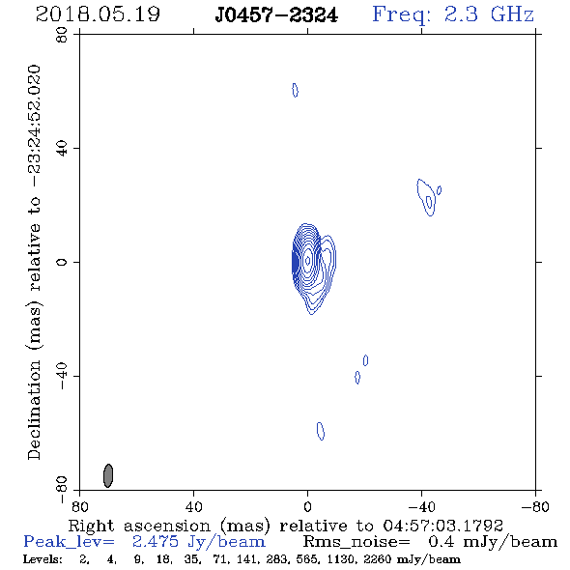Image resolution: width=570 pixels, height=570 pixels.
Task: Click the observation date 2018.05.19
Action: point(98,14)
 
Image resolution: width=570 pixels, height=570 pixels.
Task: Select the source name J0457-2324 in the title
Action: point(276,15)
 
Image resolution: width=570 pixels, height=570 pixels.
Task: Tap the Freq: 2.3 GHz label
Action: point(453,15)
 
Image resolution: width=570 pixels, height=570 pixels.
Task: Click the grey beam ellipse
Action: point(108,475)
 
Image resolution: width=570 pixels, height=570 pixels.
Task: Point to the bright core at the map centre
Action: point(307,260)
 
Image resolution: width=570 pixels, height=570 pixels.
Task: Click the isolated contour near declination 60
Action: point(296,90)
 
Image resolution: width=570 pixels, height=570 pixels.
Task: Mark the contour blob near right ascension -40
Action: point(427,197)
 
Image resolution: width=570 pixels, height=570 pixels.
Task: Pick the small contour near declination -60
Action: point(321,431)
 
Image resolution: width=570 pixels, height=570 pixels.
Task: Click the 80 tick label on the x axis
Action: point(79,507)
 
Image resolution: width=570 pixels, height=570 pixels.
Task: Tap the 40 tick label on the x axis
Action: point(193,507)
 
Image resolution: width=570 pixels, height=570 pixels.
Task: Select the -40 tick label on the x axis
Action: point(421,507)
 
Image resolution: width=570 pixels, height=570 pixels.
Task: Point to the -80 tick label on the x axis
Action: point(535,507)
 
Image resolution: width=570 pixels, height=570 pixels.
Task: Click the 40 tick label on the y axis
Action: point(62,149)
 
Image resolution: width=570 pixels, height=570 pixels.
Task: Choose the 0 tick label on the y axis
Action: point(62,262)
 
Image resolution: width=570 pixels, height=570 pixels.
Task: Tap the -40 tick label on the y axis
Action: point(62,376)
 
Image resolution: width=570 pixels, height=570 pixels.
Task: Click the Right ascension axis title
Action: point(286,526)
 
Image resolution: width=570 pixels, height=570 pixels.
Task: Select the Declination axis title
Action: point(34,262)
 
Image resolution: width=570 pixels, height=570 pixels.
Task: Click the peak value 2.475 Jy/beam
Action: point(198,542)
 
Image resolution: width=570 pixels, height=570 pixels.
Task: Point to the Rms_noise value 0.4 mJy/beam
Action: point(493,542)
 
